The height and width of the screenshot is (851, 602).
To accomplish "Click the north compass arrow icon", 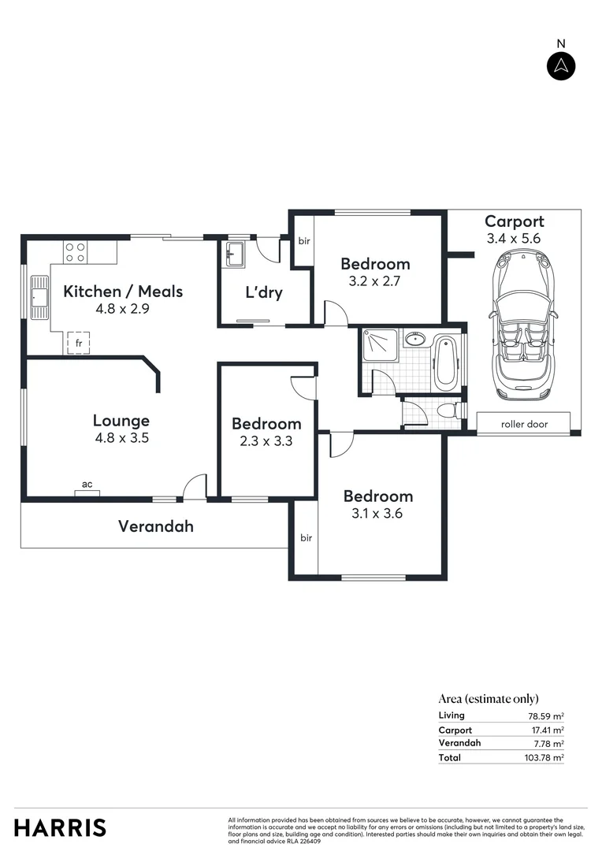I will point(561,66).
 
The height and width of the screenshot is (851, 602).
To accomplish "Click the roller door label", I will point(524,424).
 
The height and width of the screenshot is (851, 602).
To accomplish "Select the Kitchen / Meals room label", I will point(123,292).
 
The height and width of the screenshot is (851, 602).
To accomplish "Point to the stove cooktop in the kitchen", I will point(76,252).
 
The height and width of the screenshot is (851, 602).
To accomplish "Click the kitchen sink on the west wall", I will point(39,297).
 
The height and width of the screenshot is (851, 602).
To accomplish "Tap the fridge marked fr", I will point(78,344).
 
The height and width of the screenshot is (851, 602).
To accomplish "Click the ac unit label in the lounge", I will point(87,485).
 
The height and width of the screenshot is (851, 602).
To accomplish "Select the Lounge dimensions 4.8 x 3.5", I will point(121,438).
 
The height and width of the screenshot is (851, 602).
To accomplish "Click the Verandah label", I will point(156,526).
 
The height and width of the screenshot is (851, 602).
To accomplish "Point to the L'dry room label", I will point(264,293).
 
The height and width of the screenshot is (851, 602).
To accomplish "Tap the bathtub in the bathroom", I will point(445,363).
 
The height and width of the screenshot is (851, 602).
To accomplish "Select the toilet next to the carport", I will point(447,411).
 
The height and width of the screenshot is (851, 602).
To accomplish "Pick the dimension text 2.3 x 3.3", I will point(266,441).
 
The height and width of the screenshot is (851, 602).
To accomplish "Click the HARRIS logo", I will point(60,828).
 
